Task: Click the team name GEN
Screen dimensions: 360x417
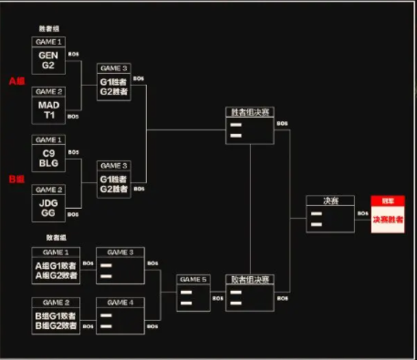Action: tap(47, 55)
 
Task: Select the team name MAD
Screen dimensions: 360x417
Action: tap(47, 105)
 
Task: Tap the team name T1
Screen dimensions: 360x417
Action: tap(47, 116)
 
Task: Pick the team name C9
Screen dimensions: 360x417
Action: tap(47, 153)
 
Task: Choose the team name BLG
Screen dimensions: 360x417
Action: tap(47, 164)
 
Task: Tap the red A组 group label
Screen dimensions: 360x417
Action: tap(16, 81)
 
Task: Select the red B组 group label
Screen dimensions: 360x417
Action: tap(16, 179)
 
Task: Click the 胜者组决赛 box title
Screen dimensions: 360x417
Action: tap(249, 113)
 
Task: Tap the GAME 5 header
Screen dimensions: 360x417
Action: tap(194, 280)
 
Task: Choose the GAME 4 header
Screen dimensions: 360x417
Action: tap(120, 302)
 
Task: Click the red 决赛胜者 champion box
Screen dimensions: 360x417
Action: tap(387, 219)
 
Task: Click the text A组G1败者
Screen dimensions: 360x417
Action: tap(55, 263)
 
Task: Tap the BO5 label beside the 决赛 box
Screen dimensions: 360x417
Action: tap(361, 214)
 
